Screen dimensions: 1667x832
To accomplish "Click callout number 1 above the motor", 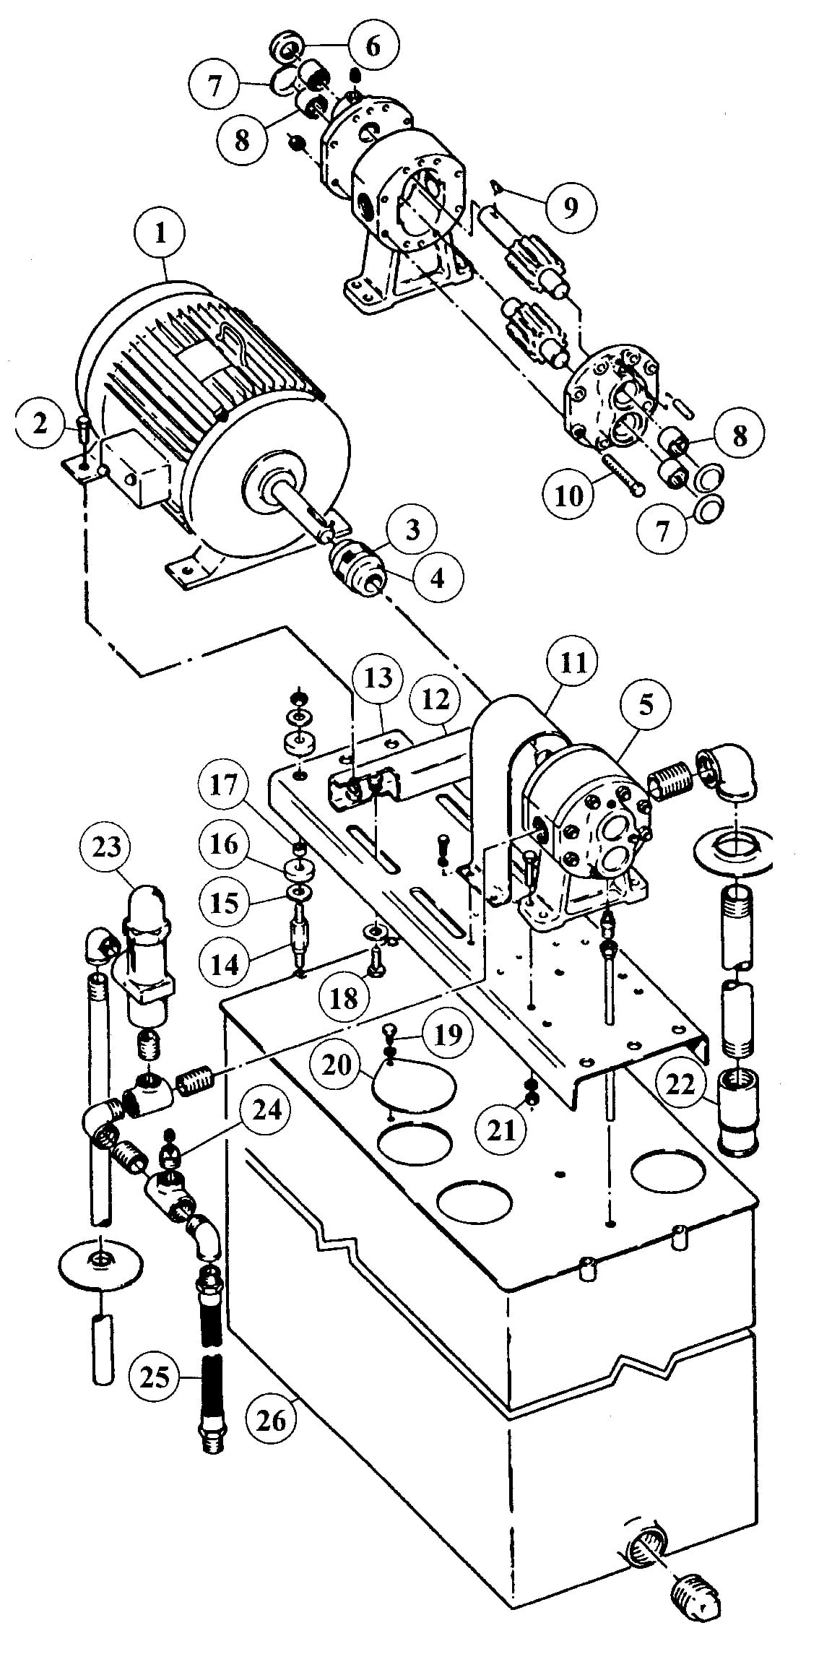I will tap(160, 233).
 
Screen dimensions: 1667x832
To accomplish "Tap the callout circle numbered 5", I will tap(645, 705).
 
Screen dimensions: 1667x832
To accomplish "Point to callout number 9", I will tap(571, 208).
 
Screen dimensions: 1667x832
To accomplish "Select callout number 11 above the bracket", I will tap(573, 662).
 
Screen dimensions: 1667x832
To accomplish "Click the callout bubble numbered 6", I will tap(373, 46).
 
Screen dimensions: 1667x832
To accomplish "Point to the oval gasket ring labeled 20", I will tap(415, 1085).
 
